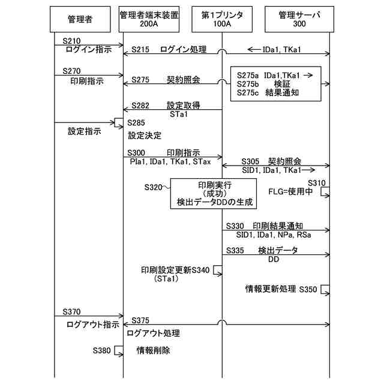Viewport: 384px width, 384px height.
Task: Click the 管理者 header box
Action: (80, 20)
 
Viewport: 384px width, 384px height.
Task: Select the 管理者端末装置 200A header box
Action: (149, 20)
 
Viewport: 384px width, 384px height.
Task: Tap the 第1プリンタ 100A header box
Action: (221, 20)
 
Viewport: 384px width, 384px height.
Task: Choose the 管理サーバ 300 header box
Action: (299, 20)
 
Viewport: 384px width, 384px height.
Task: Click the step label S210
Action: (71, 40)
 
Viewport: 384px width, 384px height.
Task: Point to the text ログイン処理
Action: (183, 50)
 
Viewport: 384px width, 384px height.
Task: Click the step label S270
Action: (71, 71)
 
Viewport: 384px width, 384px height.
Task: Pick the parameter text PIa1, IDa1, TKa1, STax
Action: (169, 161)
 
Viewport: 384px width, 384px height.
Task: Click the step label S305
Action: (251, 161)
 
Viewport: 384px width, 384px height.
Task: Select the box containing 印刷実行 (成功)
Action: (213, 193)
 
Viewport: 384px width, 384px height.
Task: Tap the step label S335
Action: (237, 250)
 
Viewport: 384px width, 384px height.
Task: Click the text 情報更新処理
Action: (271, 289)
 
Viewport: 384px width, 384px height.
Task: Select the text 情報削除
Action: (154, 350)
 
